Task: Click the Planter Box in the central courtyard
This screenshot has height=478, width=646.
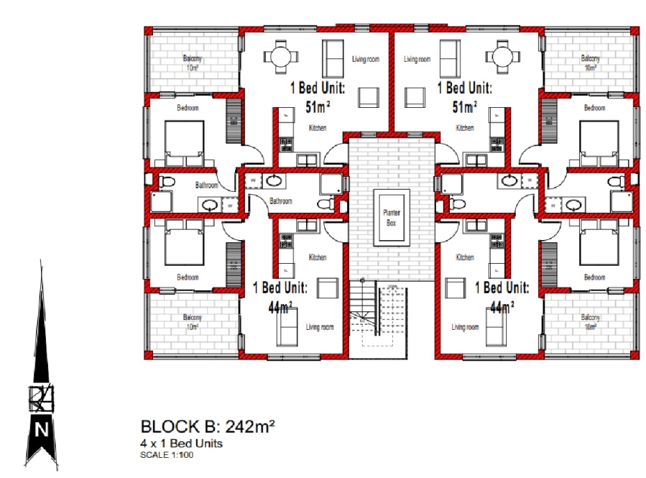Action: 392,218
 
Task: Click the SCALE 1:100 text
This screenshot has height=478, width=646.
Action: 167,454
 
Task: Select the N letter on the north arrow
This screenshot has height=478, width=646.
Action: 42,431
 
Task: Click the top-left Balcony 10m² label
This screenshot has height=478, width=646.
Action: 191,63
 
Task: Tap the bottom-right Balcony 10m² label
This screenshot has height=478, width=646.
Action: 590,321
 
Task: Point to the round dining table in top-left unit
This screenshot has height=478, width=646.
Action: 278,56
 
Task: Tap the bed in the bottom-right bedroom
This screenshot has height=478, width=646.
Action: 599,243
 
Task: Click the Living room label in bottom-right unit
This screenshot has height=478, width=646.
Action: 465,327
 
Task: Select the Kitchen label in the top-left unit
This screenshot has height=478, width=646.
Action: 318,128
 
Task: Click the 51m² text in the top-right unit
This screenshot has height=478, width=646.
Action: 465,107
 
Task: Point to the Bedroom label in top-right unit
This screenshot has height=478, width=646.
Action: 594,108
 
